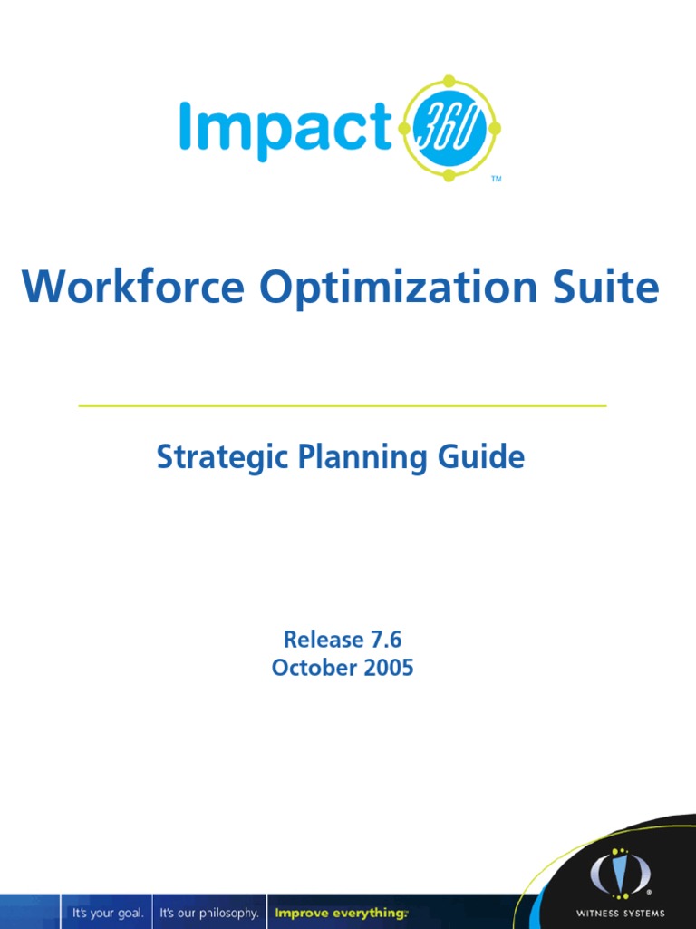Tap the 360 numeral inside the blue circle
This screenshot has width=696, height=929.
(x=449, y=128)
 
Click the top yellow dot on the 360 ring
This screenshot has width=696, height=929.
(x=449, y=81)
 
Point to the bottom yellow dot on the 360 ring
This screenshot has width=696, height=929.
(x=449, y=175)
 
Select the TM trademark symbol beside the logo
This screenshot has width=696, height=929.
(x=496, y=180)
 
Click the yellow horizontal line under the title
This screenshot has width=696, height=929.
(x=343, y=406)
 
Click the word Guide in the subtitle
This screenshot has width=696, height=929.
(x=482, y=457)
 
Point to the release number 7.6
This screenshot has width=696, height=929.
(x=384, y=639)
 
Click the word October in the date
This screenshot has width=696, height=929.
(x=311, y=669)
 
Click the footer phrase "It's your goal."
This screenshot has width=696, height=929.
(x=108, y=912)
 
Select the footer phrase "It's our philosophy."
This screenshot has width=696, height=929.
(x=209, y=912)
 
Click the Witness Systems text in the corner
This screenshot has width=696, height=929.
(x=620, y=913)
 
